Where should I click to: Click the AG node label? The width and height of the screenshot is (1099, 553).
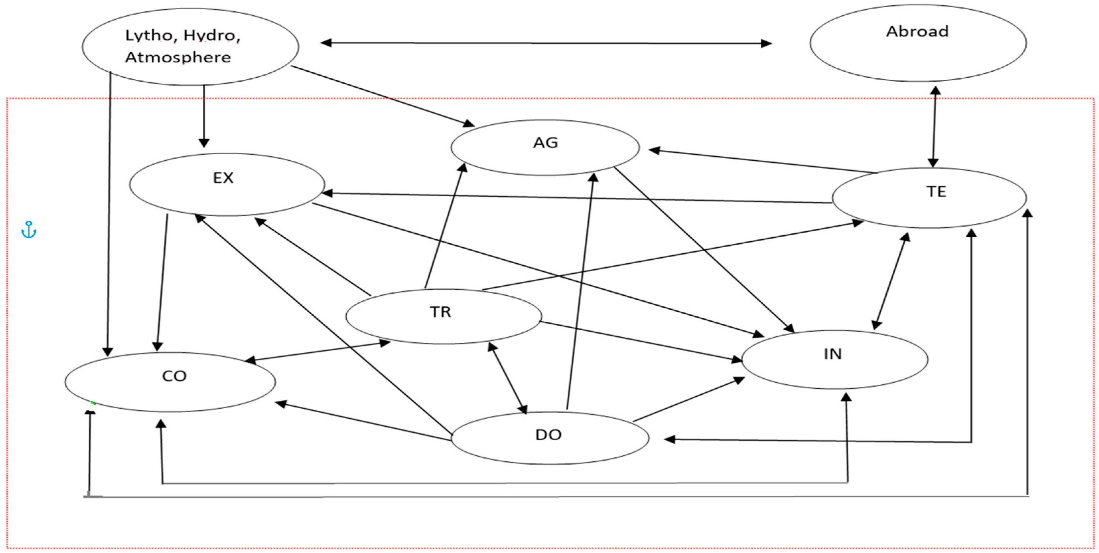tap(545, 143)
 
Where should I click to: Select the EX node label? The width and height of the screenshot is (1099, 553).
tap(223, 178)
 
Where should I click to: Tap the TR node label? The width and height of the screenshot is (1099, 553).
tap(440, 312)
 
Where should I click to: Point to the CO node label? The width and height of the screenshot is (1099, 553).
tap(174, 376)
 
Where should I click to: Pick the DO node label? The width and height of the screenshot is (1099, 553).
tap(548, 435)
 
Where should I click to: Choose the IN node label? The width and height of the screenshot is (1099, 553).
tap(833, 354)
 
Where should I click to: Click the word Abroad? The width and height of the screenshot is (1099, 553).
tap(917, 32)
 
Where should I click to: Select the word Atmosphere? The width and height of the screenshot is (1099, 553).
tap(178, 57)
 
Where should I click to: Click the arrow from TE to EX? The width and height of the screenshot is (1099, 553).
tap(576, 198)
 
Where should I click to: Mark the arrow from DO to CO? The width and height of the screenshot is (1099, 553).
tap(363, 421)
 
